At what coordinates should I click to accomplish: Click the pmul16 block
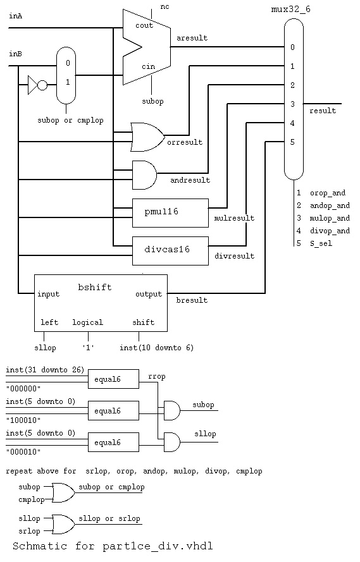pyautogui.click(x=170, y=213)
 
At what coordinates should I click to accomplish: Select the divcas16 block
pyautogui.click(x=170, y=251)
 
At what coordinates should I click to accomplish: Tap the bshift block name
pyautogui.click(x=95, y=287)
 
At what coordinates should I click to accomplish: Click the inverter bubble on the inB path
pyautogui.click(x=42, y=85)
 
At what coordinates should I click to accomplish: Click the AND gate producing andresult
pyautogui.click(x=144, y=175)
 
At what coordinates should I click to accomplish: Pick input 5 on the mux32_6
pyautogui.click(x=292, y=142)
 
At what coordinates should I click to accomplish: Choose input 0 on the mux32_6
pyautogui.click(x=292, y=47)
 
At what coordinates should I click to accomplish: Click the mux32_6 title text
pyautogui.click(x=291, y=9)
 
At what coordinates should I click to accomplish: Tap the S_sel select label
pyautogui.click(x=321, y=244)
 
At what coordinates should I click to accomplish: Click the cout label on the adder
pyautogui.click(x=144, y=25)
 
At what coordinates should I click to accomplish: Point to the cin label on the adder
pyautogui.click(x=149, y=66)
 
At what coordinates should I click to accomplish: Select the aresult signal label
pyautogui.click(x=192, y=38)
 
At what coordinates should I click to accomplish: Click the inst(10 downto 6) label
pyautogui.click(x=157, y=348)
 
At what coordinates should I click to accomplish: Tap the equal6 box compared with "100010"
pyautogui.click(x=113, y=411)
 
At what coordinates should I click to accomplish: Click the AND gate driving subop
pyautogui.click(x=172, y=411)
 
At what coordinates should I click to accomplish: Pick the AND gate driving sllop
pyautogui.click(x=172, y=443)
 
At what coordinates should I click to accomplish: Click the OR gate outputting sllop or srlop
pyautogui.click(x=63, y=525)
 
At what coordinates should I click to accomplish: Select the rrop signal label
pyautogui.click(x=157, y=377)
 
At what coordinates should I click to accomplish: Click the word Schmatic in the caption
pyautogui.click(x=40, y=546)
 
